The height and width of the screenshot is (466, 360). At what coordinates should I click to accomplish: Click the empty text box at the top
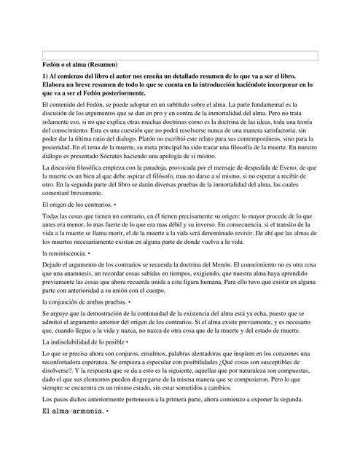[x=180, y=55]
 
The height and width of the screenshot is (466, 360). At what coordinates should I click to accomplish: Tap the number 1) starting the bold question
[x=47, y=76]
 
